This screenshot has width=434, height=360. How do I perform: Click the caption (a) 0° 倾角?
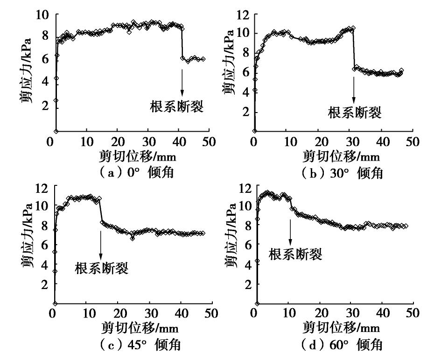(x=130, y=173)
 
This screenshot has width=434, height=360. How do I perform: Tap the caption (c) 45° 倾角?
(x=133, y=345)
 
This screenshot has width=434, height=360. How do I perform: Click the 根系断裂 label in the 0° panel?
(x=177, y=106)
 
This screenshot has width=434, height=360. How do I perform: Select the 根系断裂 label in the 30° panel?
(x=355, y=112)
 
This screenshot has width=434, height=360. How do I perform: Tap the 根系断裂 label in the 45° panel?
(x=101, y=268)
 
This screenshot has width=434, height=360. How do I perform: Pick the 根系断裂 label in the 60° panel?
(x=296, y=254)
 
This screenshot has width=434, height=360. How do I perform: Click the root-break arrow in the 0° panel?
(x=182, y=82)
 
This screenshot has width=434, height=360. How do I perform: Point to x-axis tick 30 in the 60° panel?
(x=351, y=312)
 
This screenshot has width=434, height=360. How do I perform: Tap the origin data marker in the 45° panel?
(x=55, y=304)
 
